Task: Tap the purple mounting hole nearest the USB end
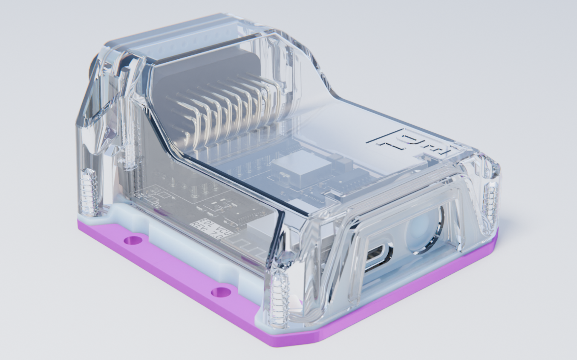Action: tap(221, 292)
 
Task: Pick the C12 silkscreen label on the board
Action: tap(138, 195)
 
